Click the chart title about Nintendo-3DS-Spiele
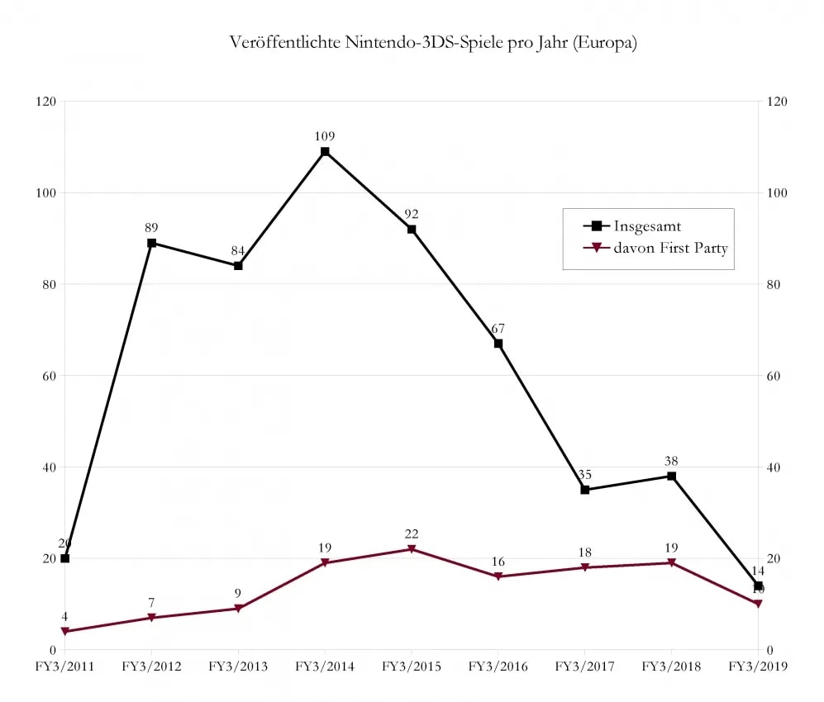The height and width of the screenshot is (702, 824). point(433,44)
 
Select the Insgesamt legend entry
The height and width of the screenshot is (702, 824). point(647,225)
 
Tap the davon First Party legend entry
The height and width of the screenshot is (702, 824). point(670,248)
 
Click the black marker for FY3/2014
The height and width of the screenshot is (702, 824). point(325,152)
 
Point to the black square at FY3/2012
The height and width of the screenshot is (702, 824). point(151,243)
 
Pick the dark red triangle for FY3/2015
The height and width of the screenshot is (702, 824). point(412,549)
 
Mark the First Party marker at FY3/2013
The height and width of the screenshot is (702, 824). point(238,609)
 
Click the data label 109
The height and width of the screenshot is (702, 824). point(325,136)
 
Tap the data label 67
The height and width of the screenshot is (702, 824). point(498,329)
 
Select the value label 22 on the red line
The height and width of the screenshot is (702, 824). point(412,534)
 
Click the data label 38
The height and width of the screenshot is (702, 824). point(672,462)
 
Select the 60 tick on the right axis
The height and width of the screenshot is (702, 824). point(774,376)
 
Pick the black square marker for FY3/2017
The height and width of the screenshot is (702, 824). point(585,490)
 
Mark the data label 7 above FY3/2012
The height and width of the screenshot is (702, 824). point(151,603)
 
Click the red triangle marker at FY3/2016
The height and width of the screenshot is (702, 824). point(498,576)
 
